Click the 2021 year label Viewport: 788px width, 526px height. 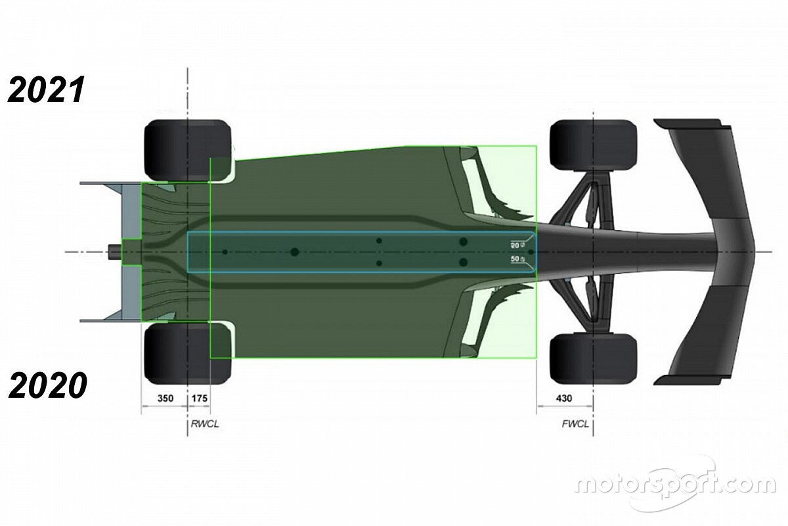46,90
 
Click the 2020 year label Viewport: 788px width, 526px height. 47,385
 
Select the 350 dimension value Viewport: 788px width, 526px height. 164,398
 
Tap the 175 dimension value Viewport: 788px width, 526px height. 199,398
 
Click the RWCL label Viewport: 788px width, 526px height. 204,424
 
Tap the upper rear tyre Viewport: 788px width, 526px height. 187,149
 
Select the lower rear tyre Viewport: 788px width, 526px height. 187,354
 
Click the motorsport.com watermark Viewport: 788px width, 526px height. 675,485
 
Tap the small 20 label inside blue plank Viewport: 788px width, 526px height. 515,244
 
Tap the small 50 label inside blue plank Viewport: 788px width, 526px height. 515,260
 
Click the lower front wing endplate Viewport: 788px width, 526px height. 689,380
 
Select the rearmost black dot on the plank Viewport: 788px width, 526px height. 225,252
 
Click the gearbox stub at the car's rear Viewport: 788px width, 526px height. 114,252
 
